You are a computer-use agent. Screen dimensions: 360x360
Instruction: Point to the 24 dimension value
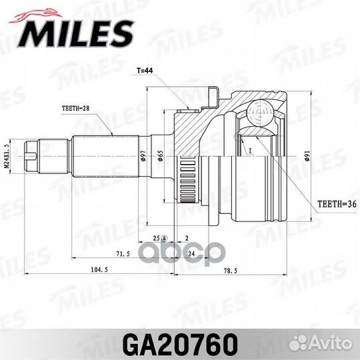click(x=191, y=255)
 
